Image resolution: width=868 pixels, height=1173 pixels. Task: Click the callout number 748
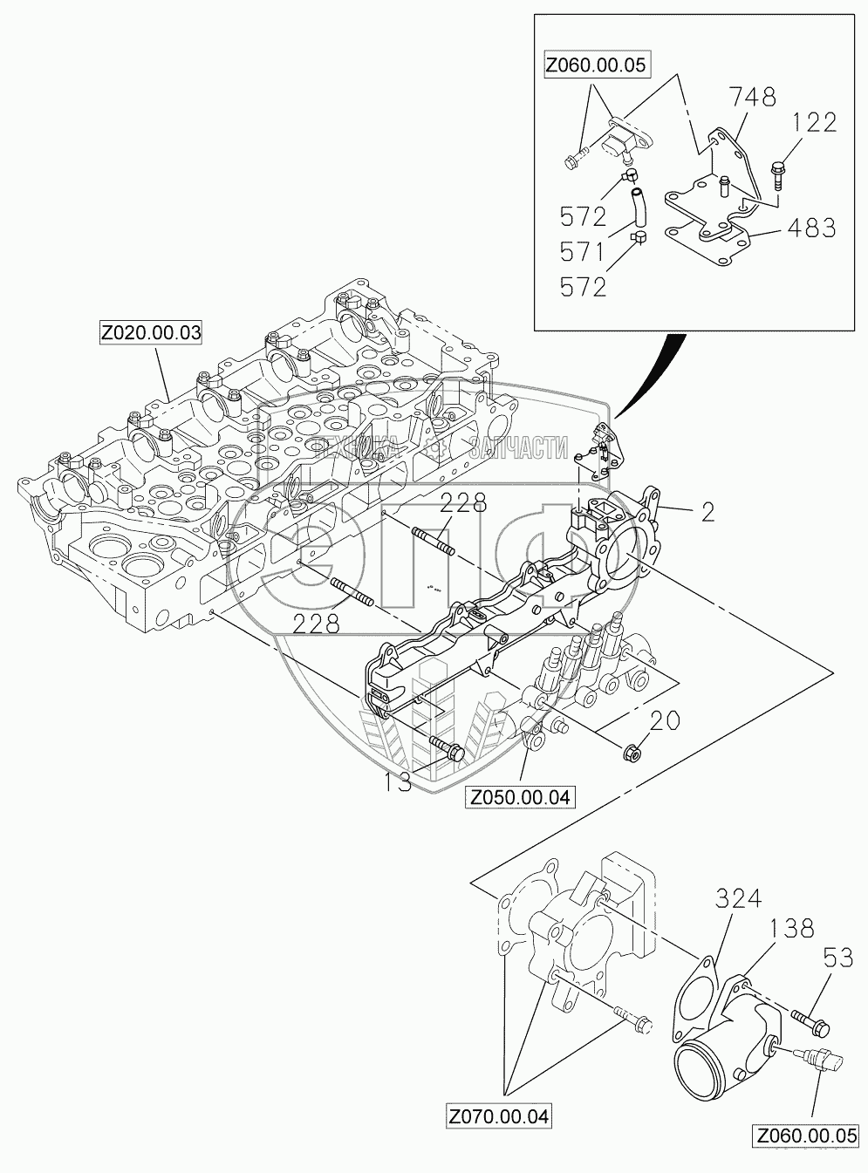click(x=755, y=98)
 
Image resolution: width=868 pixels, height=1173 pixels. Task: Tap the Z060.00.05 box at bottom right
click(x=807, y=1136)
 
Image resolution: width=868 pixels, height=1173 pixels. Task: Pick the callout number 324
click(x=740, y=897)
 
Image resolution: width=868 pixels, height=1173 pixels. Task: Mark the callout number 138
click(x=791, y=928)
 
